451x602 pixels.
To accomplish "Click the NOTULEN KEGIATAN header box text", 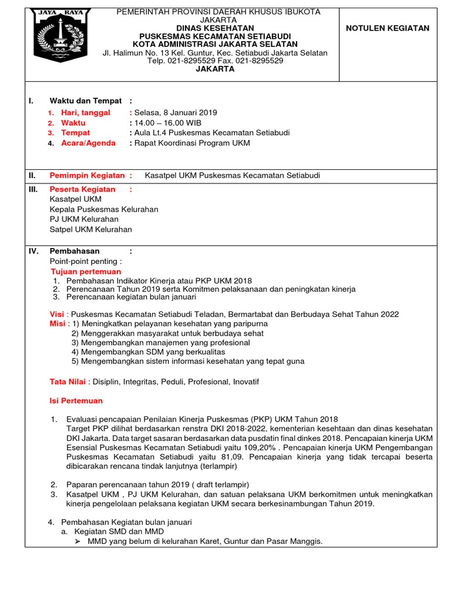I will click(388, 28).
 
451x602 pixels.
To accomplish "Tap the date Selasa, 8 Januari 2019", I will click(176, 112).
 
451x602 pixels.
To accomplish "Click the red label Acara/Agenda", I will click(89, 143).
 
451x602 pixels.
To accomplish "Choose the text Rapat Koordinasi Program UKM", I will click(192, 143).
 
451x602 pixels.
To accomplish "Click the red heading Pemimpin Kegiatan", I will click(87, 175).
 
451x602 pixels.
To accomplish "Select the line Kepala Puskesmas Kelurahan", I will click(104, 209).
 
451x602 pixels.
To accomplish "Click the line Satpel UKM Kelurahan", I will click(91, 229).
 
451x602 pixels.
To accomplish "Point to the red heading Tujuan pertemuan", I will click(86, 272).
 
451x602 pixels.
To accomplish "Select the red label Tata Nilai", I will click(68, 382).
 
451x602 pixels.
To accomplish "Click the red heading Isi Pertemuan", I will click(76, 401).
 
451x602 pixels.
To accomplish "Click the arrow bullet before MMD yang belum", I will click(78, 541).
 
